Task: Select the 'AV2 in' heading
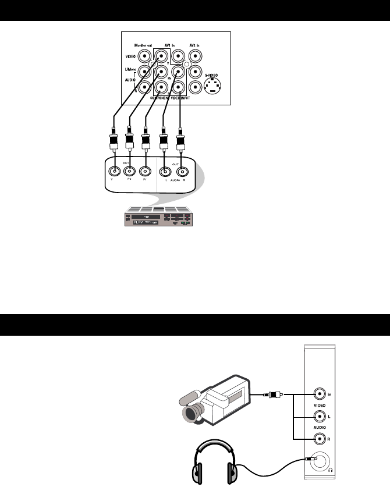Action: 197,45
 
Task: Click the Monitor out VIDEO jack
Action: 136,57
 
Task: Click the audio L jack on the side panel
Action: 318,416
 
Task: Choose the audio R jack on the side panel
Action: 318,439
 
